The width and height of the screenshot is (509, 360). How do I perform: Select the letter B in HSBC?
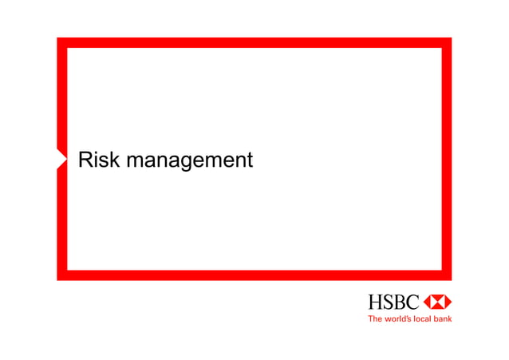pyautogui.click(x=399, y=302)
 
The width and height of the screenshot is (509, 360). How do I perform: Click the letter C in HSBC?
pyautogui.click(x=412, y=302)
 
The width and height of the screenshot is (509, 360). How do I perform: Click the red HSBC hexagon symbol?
pyautogui.click(x=437, y=302)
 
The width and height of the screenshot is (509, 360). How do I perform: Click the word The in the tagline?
pyautogui.click(x=373, y=318)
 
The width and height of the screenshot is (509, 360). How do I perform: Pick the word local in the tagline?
pyautogui.click(x=422, y=318)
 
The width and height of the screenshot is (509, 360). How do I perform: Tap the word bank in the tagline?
pyautogui.click(x=442, y=318)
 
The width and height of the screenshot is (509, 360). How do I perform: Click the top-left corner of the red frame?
pyautogui.click(x=61, y=42)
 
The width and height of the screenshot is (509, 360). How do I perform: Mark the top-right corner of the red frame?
pyautogui.click(x=447, y=42)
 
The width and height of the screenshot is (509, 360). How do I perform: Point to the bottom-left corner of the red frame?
pyautogui.click(x=61, y=275)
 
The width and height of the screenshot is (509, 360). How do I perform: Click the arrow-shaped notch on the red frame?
pyautogui.click(x=63, y=159)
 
